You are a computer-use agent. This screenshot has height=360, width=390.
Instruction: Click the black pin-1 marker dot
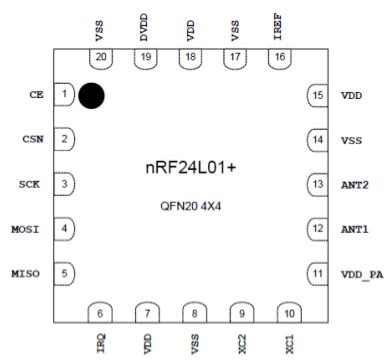[x=92, y=95]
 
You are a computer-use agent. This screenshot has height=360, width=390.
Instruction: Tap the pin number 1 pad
[x=65, y=95]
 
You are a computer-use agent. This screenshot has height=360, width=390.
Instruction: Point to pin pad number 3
[x=65, y=184]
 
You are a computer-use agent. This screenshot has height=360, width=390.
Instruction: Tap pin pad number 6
[x=103, y=313]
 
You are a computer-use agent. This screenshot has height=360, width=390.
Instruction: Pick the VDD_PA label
[x=360, y=273]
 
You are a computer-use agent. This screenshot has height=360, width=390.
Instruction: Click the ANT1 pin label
[x=355, y=229]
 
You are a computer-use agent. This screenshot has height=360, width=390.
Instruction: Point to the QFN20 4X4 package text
[x=191, y=204]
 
